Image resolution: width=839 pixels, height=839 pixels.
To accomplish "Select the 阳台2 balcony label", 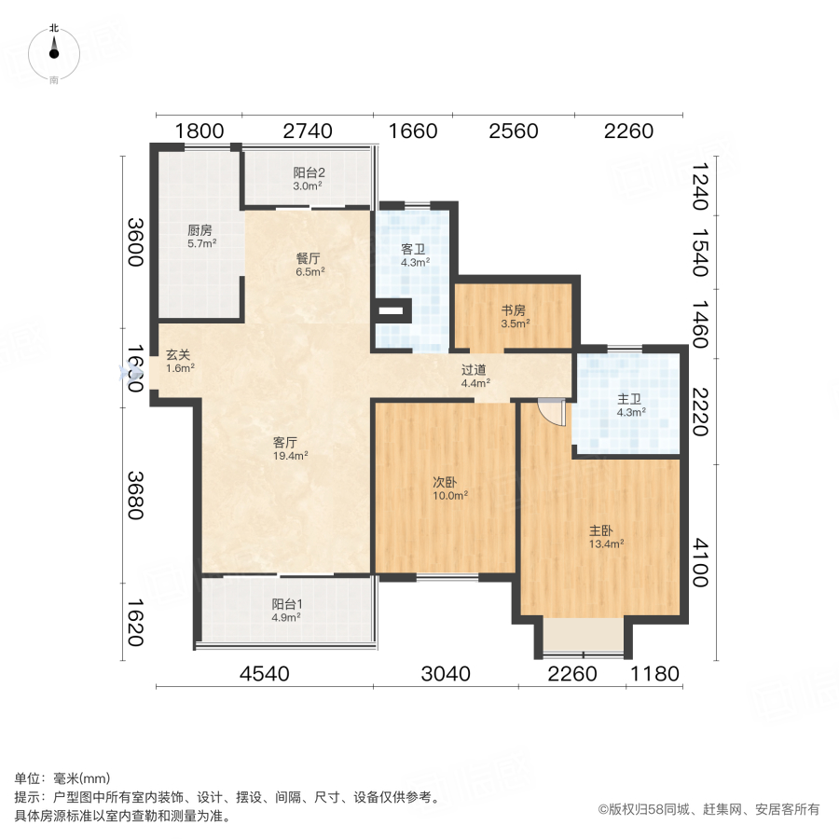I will tap(309, 172).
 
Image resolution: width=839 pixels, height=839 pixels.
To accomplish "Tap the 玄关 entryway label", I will tap(180, 354).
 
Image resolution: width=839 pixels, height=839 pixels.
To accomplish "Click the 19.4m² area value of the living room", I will tap(291, 456).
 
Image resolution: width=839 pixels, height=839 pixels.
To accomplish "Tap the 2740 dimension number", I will tap(308, 131).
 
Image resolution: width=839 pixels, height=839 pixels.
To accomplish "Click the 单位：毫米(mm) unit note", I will tap(62, 779).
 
